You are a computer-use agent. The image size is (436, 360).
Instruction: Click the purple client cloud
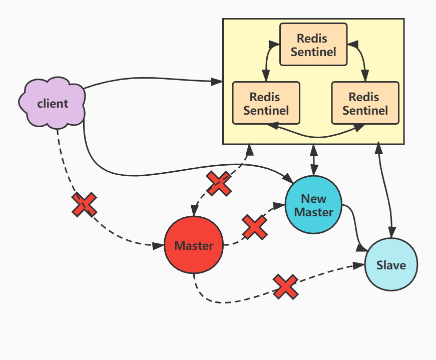(52, 103)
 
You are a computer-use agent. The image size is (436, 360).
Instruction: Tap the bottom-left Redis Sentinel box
(266, 103)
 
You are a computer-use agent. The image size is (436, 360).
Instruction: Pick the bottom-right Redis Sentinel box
(365, 103)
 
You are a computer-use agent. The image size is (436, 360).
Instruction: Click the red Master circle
(194, 245)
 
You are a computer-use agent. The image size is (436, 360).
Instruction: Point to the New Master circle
(313, 205)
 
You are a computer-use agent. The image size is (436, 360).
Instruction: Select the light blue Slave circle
(390, 264)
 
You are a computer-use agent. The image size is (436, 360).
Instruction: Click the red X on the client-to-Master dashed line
(84, 204)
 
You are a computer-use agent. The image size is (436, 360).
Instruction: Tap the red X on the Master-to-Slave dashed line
(285, 286)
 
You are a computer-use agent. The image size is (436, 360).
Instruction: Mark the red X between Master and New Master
(254, 227)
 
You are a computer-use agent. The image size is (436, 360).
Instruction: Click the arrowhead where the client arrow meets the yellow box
(218, 81)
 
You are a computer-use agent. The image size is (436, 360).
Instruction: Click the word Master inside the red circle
(194, 246)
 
